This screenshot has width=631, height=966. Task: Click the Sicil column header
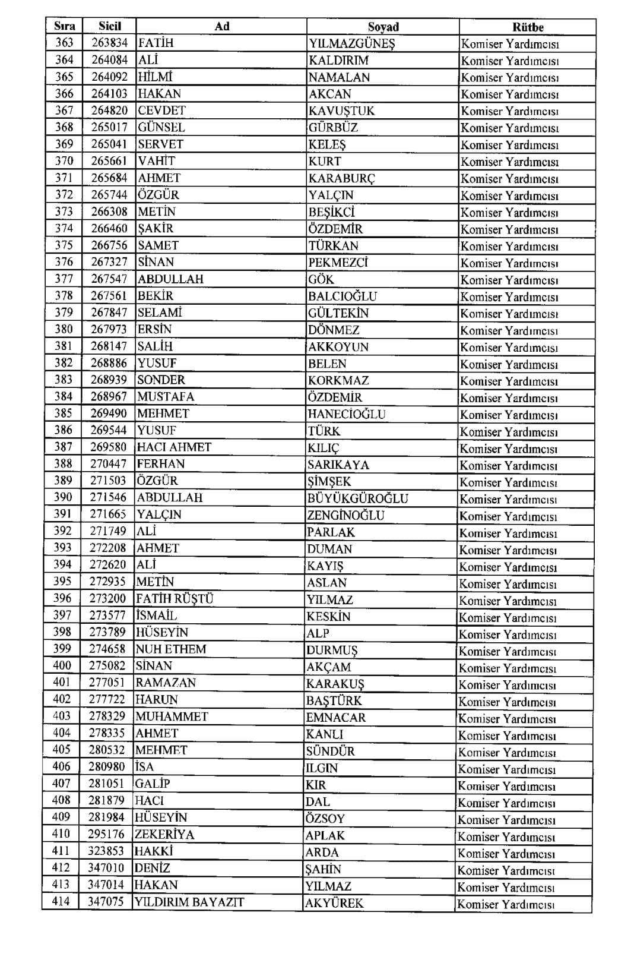[x=110, y=26]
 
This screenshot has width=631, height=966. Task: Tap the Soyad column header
[x=383, y=27]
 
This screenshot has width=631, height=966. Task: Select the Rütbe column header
[x=528, y=27]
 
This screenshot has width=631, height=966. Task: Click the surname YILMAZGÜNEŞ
[x=352, y=43]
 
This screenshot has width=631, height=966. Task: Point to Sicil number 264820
[x=109, y=111]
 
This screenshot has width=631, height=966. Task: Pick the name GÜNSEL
[x=161, y=127]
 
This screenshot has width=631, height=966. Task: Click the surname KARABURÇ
[x=342, y=178]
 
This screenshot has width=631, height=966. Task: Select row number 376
[x=64, y=262]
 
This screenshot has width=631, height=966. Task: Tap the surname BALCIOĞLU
[x=343, y=296]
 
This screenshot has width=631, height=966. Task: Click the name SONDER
[x=161, y=380]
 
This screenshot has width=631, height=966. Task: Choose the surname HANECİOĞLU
[x=346, y=414]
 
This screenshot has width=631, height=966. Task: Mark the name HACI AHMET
[x=174, y=447]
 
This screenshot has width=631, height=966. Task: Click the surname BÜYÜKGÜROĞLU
[x=357, y=498]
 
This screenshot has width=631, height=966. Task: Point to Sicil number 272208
[x=107, y=548]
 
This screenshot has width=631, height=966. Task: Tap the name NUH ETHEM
[x=171, y=649]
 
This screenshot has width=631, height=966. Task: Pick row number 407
[x=61, y=784]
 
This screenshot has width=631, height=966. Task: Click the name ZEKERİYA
[x=164, y=834]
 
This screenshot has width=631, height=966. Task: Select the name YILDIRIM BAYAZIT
[x=189, y=902]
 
